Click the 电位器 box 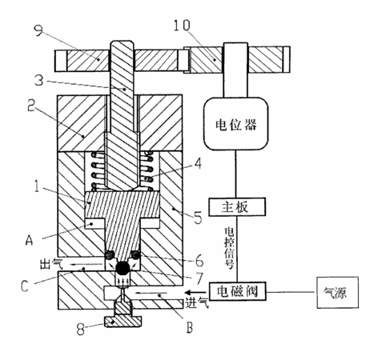point(235,124)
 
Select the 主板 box point(237,206)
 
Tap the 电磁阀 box point(237,291)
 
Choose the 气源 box point(337,293)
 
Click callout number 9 point(38,30)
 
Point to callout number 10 point(182,26)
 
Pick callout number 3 point(39,79)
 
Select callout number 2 point(32,106)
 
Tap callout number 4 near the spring point(198,163)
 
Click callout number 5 point(198,218)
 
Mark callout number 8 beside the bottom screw point(81,329)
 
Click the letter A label point(29,240)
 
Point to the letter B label point(189,327)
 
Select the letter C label point(25,286)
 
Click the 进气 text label point(197,302)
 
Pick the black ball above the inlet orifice point(123,268)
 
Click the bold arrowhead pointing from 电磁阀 point(191,292)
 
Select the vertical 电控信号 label point(229,248)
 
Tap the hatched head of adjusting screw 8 point(123,322)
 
